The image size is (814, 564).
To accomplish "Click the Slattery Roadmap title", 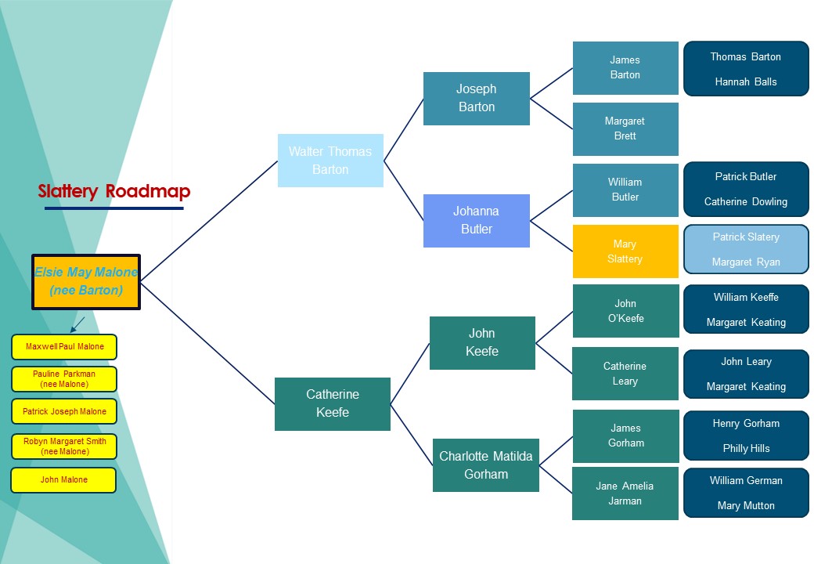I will pyautogui.click(x=114, y=191).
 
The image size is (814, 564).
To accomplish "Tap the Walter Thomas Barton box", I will pyautogui.click(x=330, y=161).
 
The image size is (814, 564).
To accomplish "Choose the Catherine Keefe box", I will pyautogui.click(x=332, y=403).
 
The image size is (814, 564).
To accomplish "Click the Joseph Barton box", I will pyautogui.click(x=476, y=99).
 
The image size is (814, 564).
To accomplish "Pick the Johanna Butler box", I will pyautogui.click(x=476, y=220).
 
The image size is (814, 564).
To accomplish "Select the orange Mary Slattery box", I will pyautogui.click(x=625, y=251).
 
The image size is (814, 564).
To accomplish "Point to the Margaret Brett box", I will pyautogui.click(x=625, y=128).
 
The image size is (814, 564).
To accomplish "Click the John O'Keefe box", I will pyautogui.click(x=625, y=311).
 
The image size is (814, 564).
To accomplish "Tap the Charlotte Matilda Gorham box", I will pyautogui.click(x=485, y=465).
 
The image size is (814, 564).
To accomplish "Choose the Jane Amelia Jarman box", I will pyautogui.click(x=625, y=493).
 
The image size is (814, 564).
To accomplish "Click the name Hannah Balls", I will pyautogui.click(x=745, y=81).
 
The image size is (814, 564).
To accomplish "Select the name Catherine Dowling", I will pyautogui.click(x=745, y=201).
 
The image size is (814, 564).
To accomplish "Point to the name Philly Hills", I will pyautogui.click(x=745, y=448).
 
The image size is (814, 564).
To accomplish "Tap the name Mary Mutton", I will pyautogui.click(x=745, y=505).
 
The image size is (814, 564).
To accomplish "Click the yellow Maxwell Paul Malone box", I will pyautogui.click(x=64, y=346).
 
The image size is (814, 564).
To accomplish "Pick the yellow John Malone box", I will pyautogui.click(x=64, y=479).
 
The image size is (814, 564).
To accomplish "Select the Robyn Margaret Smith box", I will pyautogui.click(x=64, y=446).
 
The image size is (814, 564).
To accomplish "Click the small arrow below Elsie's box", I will pyautogui.click(x=77, y=324).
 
